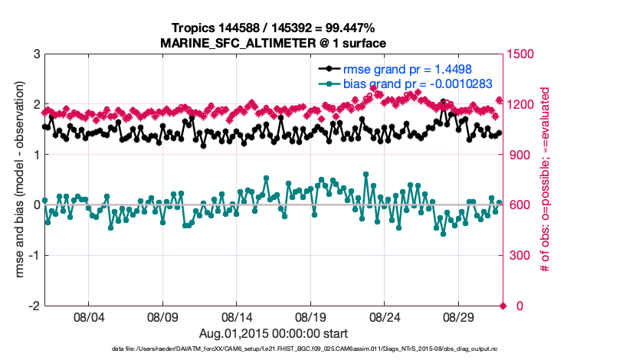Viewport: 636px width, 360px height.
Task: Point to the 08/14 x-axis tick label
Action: (x=237, y=317)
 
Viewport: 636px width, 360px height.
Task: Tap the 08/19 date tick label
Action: (x=311, y=317)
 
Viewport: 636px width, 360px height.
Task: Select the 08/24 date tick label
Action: (x=385, y=317)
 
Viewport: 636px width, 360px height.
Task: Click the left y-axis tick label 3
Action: (x=37, y=54)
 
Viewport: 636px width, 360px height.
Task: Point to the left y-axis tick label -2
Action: (x=34, y=306)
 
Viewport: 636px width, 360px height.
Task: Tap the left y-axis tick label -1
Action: (x=34, y=255)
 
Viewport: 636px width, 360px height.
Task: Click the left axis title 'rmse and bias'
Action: (x=21, y=180)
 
